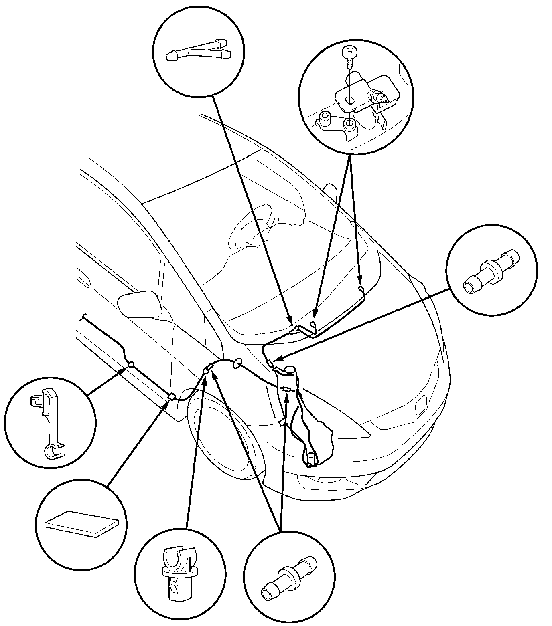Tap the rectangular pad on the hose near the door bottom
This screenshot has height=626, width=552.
pos(172,397)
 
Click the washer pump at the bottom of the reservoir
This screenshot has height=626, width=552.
pos(311,459)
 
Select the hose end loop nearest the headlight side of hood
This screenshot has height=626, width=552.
pos(361,289)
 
